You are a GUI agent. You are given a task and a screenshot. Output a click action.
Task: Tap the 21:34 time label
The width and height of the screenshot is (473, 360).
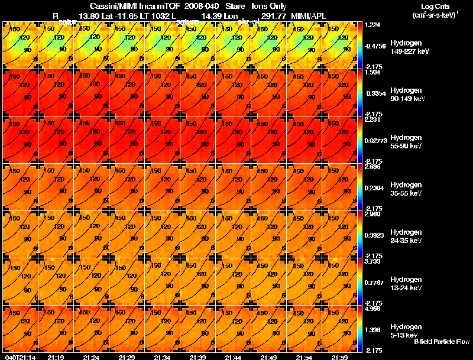162,357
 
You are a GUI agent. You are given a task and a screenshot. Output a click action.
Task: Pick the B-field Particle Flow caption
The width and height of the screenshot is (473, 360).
442,342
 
